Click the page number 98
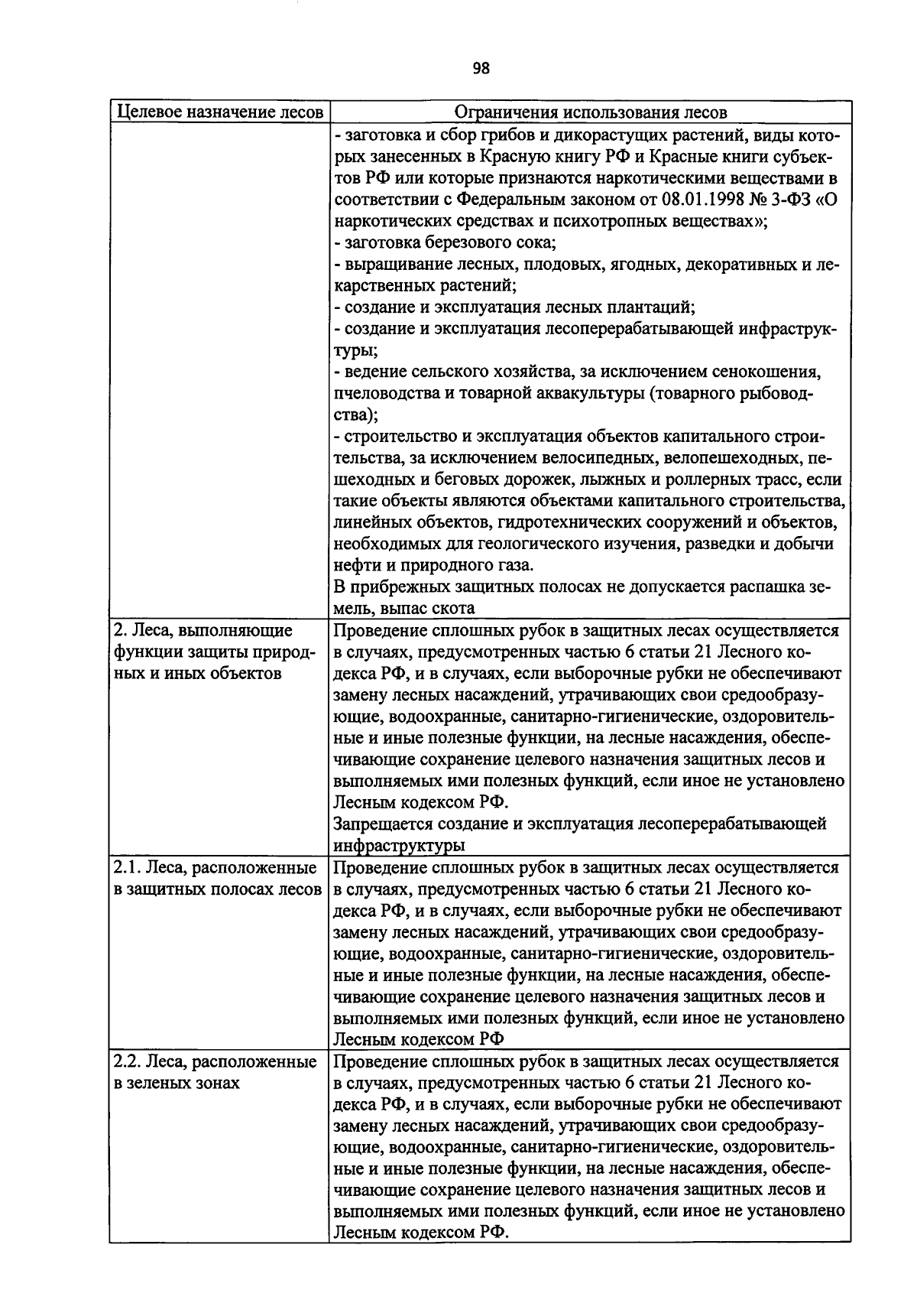pos(481,69)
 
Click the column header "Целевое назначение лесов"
pos(219,112)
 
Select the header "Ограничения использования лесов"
pos(590,112)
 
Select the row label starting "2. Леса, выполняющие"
pos(203,631)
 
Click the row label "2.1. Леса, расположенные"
pos(215,868)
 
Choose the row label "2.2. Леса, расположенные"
pos(215,1061)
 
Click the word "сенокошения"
pos(766,372)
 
